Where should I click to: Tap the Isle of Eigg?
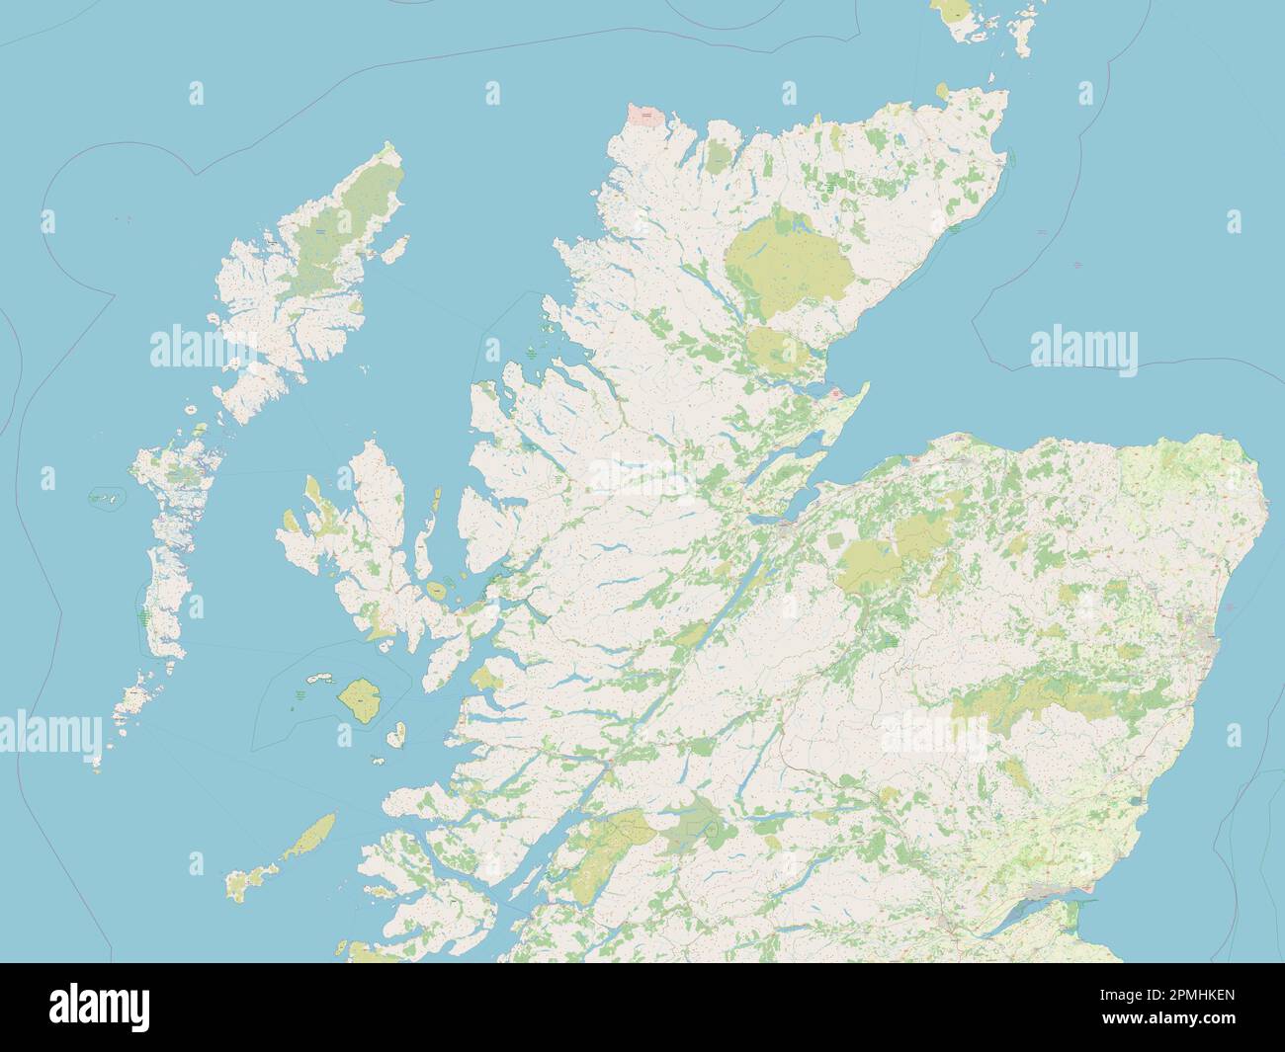tap(395, 734)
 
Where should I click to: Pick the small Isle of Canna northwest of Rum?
tap(318, 679)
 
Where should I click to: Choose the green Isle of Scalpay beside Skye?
tap(436, 591)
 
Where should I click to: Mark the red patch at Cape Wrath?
tap(646, 116)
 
